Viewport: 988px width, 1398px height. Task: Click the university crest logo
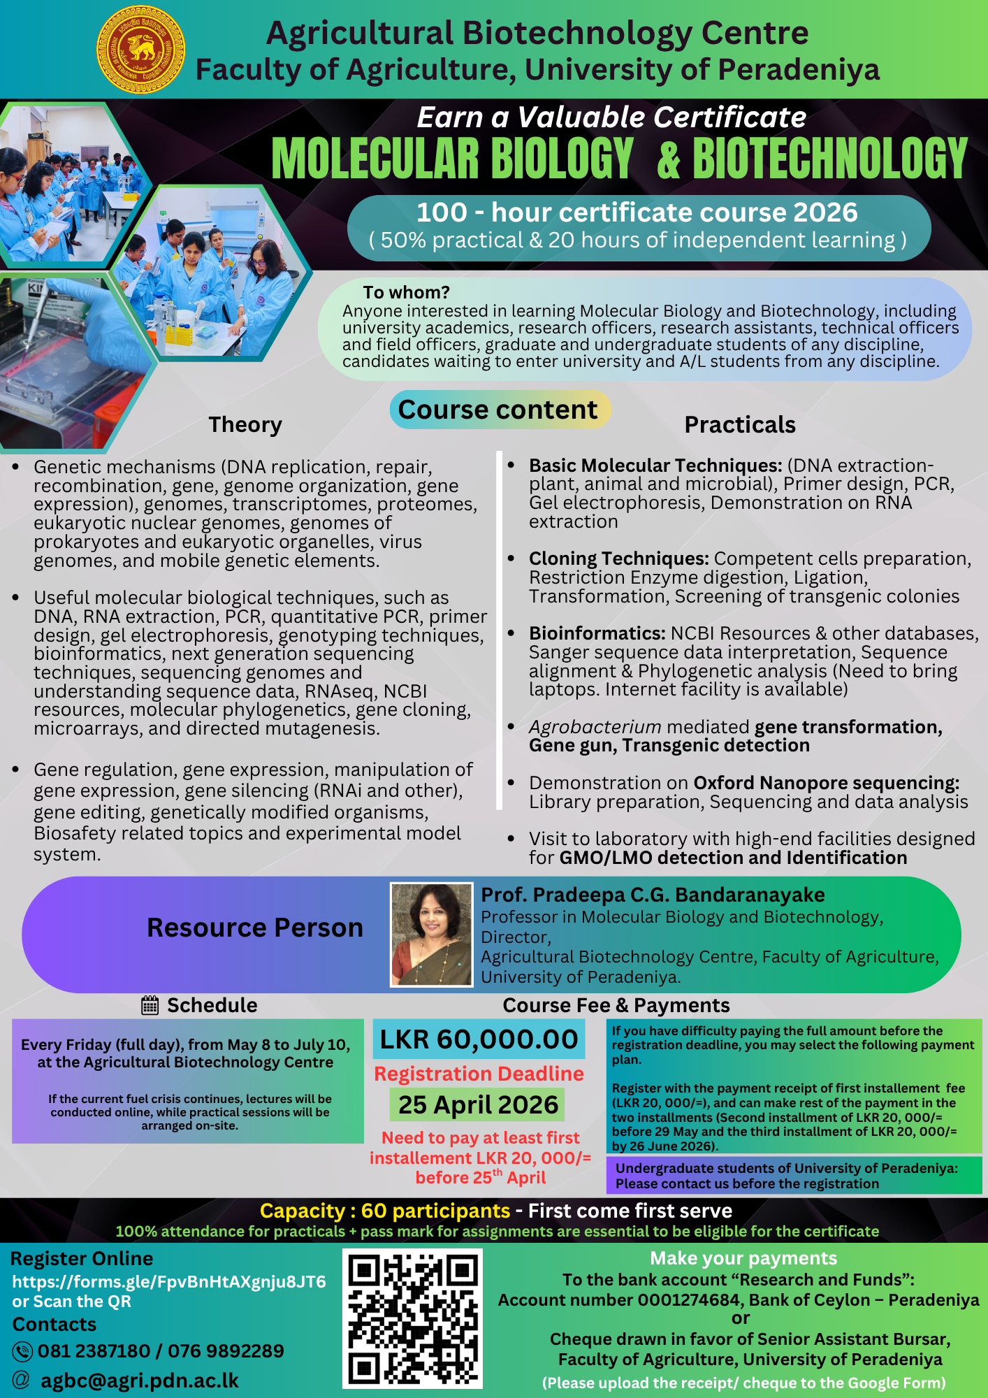[x=140, y=50]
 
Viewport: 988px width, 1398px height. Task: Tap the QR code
[x=412, y=1318]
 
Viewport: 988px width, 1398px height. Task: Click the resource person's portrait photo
[x=431, y=935]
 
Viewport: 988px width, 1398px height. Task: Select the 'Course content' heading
[x=498, y=410]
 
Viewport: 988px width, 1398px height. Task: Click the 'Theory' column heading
[x=245, y=425]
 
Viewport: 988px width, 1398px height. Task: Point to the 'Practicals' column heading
[x=740, y=425]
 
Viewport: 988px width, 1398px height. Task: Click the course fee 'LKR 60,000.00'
[x=479, y=1039]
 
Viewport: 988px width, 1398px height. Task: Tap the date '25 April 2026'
[x=478, y=1104]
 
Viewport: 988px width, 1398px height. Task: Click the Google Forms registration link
[x=169, y=1281]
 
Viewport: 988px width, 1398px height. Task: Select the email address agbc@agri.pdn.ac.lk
[x=140, y=1381]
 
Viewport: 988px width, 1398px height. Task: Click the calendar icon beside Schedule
[x=150, y=1006]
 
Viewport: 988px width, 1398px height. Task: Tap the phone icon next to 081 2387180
[x=22, y=1351]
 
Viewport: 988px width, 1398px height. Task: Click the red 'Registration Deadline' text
[x=479, y=1074]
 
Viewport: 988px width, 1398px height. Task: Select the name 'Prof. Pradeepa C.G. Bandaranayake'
[x=653, y=895]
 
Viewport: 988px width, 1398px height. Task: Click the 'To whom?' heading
[x=406, y=292]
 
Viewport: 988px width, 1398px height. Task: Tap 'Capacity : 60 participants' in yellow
[x=385, y=1211]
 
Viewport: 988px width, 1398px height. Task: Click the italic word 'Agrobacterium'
[x=595, y=727]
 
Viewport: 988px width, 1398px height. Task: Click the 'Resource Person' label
[x=255, y=928]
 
